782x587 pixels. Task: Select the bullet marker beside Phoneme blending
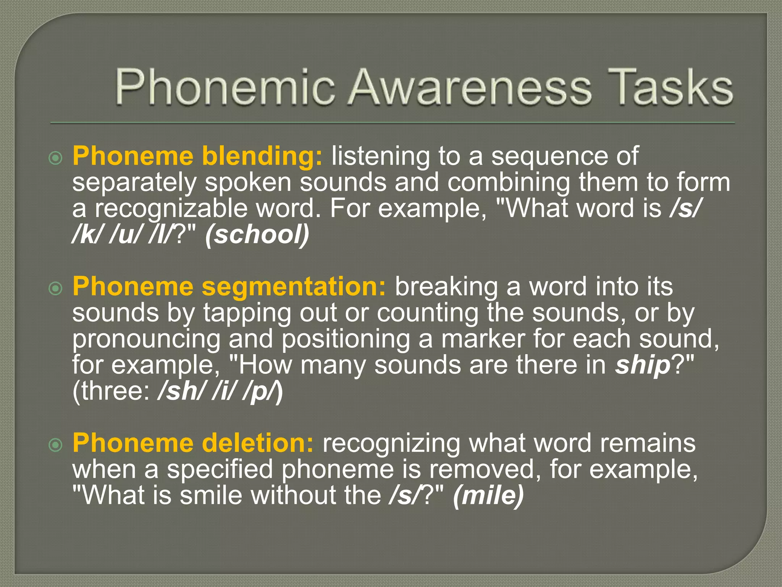click(x=56, y=157)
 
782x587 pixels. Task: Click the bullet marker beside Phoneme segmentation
click(x=56, y=289)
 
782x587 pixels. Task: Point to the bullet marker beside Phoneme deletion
click(x=56, y=444)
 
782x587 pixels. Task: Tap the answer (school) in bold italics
click(x=257, y=235)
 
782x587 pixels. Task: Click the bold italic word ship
click(x=643, y=365)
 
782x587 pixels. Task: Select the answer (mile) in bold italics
click(x=488, y=495)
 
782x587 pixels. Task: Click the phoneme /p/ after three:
click(x=260, y=392)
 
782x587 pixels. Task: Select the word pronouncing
click(x=146, y=339)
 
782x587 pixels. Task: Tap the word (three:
click(x=111, y=391)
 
